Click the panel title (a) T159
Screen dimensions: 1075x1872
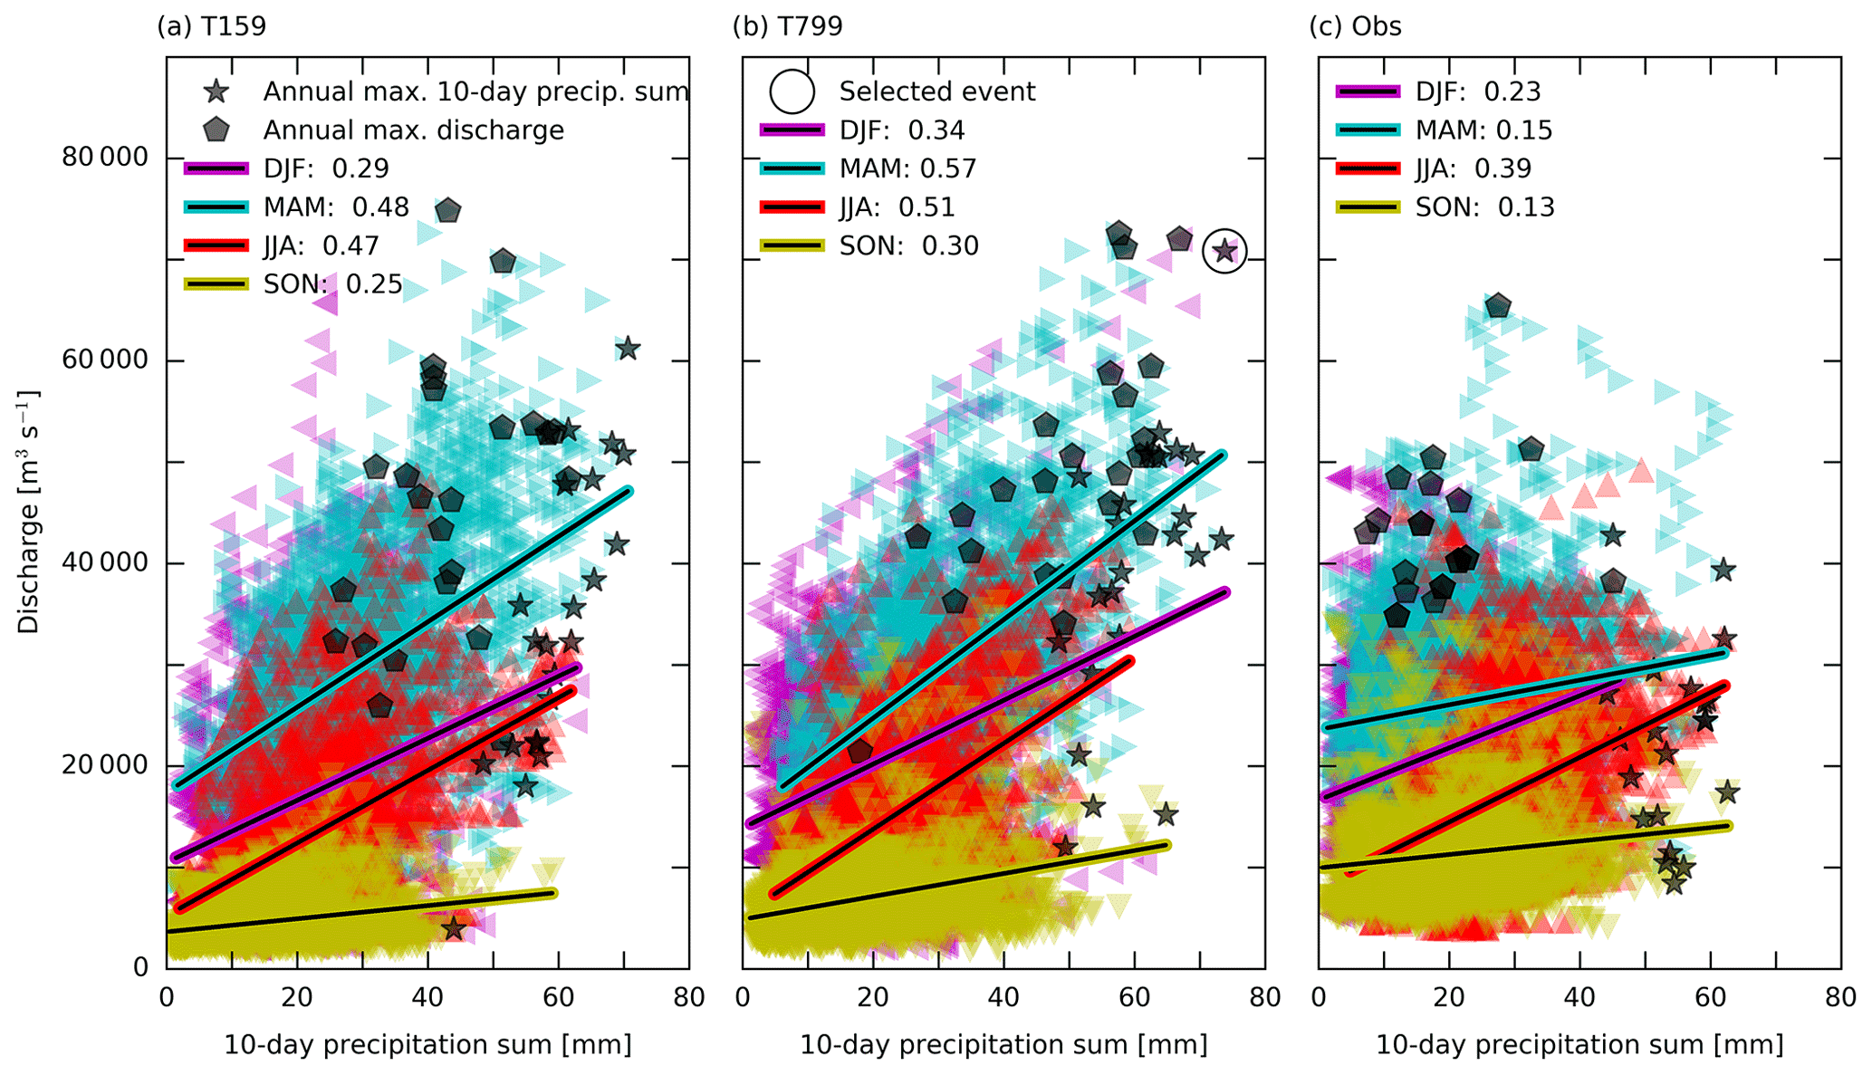[x=211, y=26]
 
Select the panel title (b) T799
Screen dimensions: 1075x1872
[x=787, y=26]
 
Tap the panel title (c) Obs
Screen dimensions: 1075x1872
[x=1355, y=26]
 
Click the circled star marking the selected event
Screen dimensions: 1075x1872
[x=1224, y=251]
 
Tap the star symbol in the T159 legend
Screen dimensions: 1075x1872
[x=216, y=91]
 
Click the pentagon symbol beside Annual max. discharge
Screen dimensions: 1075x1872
[x=216, y=130]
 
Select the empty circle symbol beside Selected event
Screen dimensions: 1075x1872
[x=792, y=91]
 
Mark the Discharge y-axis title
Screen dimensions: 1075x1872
[x=29, y=512]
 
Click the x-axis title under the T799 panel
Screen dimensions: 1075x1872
[x=1003, y=1044]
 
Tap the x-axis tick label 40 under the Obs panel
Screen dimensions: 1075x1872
[x=1579, y=998]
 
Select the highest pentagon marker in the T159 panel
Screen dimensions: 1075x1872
[x=448, y=211]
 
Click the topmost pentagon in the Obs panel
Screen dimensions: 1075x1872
[x=1499, y=306]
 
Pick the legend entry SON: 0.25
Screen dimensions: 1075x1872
[x=332, y=284]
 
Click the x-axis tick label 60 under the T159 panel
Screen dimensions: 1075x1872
[x=558, y=998]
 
